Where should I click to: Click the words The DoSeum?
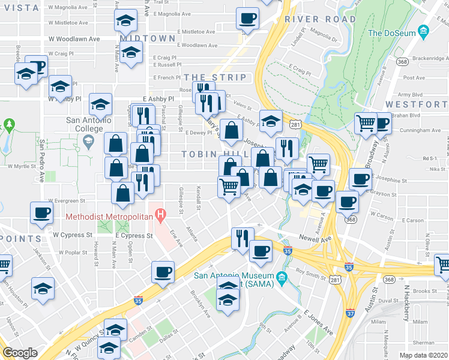[x=391, y=33]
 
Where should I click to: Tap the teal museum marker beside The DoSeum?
[x=423, y=31]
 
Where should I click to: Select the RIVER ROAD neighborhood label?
[x=320, y=19]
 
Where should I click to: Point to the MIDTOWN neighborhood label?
[x=148, y=38]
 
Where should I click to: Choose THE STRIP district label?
[x=215, y=77]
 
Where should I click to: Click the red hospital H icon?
[x=160, y=214]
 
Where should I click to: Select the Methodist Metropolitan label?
[x=107, y=215]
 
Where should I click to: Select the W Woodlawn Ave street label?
[x=74, y=38]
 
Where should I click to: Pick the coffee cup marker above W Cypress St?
[x=42, y=213]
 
